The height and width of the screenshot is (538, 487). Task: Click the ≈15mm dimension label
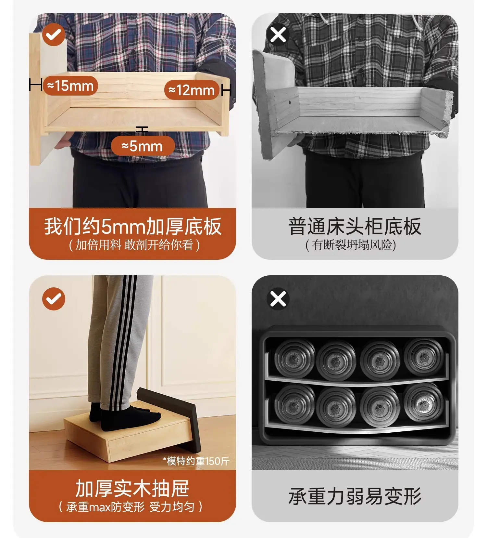point(70,86)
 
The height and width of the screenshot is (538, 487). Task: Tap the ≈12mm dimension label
point(192,90)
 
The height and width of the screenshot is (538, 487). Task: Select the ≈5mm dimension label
point(143,146)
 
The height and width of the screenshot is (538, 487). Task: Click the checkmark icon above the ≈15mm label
point(54,34)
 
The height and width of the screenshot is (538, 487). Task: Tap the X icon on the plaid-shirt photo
point(278,34)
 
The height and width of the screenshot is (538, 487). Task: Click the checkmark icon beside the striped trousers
point(54,299)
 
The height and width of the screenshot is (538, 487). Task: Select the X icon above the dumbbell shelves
point(278,299)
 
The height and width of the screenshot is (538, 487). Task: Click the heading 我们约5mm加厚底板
point(133,226)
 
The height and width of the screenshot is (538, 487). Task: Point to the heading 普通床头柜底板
point(355,226)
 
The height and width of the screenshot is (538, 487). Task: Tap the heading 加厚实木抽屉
point(132,488)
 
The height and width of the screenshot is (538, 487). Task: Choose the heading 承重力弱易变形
point(355,496)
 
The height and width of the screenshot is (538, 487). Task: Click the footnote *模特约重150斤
point(196,461)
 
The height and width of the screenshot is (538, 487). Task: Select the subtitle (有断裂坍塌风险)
point(351,245)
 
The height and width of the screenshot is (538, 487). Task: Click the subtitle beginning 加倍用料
point(134,245)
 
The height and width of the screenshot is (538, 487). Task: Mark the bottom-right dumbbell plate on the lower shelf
point(423,403)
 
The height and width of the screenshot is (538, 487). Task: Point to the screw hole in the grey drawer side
point(289,102)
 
